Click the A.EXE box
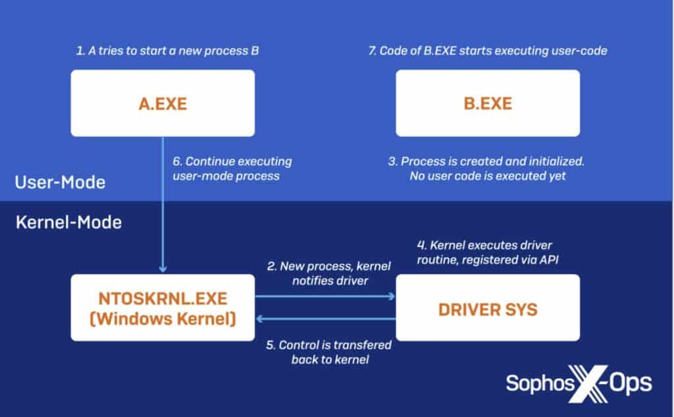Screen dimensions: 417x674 pyautogui.click(x=162, y=103)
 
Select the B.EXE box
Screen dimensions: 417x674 pyautogui.click(x=487, y=103)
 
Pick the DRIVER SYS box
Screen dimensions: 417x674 pyautogui.click(x=487, y=308)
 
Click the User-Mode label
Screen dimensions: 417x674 pyautogui.click(x=60, y=182)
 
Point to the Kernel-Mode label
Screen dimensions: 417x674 pyautogui.click(x=68, y=223)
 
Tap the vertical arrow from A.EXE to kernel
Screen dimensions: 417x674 pyautogui.click(x=163, y=204)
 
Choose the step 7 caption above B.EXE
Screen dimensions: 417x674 pyautogui.click(x=488, y=51)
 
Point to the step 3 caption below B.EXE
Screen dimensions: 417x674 pyautogui.click(x=488, y=169)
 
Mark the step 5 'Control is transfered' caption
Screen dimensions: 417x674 pyautogui.click(x=326, y=352)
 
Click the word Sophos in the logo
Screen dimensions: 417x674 pyautogui.click(x=538, y=383)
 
